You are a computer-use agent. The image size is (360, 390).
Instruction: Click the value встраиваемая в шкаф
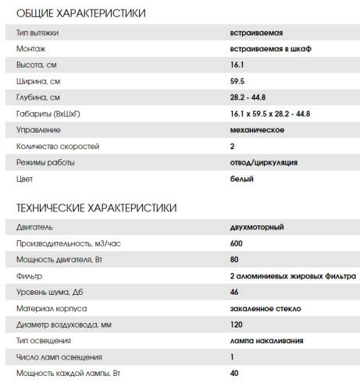tap(265, 49)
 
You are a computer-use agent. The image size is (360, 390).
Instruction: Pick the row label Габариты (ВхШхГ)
tap(49, 114)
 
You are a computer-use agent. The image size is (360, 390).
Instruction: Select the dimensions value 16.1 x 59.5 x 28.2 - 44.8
tap(270, 114)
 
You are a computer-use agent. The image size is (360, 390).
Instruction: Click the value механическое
tap(257, 129)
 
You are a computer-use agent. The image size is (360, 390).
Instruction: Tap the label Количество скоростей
tap(58, 146)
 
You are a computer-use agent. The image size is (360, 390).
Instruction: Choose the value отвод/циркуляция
tap(264, 162)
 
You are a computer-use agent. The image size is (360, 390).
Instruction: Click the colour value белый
tap(242, 179)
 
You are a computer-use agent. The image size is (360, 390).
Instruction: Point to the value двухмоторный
tap(257, 227)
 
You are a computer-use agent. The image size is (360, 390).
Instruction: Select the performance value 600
tap(237, 243)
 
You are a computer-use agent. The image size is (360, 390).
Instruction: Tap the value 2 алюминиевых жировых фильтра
tap(293, 276)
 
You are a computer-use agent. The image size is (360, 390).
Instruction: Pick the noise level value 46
tap(234, 292)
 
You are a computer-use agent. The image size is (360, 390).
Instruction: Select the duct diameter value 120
tap(237, 324)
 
